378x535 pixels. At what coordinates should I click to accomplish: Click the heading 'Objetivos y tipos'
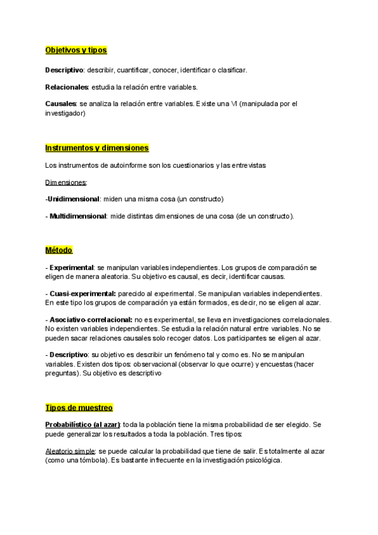76,50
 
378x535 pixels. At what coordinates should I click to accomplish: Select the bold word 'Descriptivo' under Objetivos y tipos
64,70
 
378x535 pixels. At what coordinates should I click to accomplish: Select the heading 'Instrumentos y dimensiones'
96,148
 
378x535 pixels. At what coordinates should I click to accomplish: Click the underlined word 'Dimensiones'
66,182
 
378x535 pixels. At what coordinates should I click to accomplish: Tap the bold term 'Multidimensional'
78,216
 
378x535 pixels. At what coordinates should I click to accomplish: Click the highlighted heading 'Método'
59,250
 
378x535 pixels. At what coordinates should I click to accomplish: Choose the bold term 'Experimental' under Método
72,267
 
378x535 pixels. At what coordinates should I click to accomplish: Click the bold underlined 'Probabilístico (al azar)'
83,425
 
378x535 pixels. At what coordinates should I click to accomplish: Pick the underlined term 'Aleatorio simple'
70,452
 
